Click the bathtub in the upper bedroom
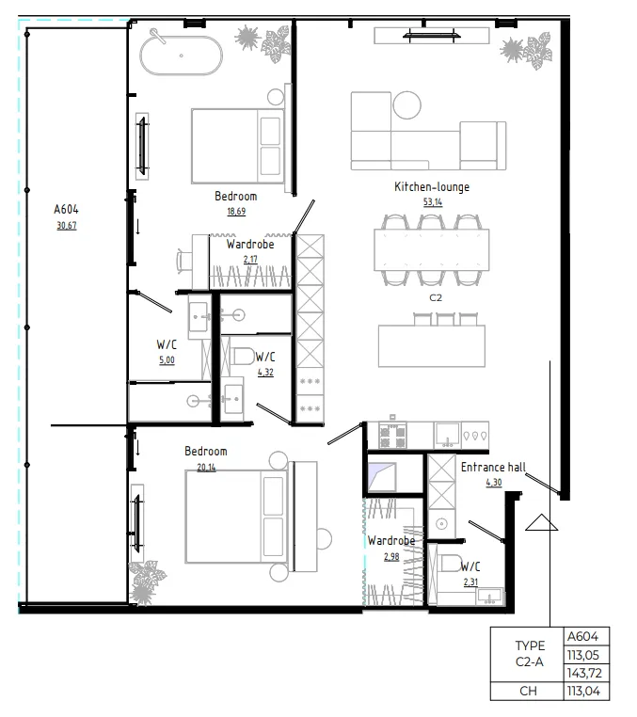click(182, 55)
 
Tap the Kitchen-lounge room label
click(431, 187)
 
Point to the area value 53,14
click(431, 201)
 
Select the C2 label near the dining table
click(436, 298)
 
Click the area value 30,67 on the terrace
click(66, 226)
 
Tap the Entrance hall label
click(492, 467)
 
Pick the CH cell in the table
click(527, 693)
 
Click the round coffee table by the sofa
click(408, 104)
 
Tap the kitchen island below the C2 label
click(435, 345)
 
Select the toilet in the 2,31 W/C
click(449, 566)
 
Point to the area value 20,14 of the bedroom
click(205, 466)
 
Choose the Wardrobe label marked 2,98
click(391, 541)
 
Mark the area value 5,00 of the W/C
click(166, 359)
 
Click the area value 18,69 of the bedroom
click(235, 211)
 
